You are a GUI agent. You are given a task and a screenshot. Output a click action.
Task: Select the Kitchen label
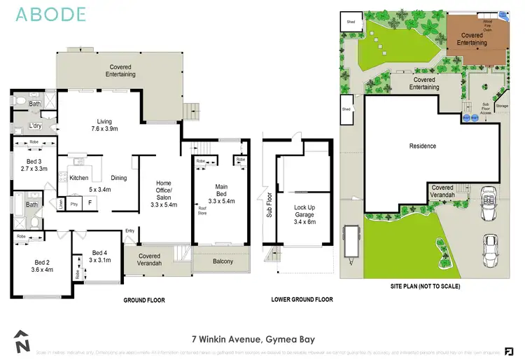pos(78,178)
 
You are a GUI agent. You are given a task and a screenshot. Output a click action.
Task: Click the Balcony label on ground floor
pos(223,262)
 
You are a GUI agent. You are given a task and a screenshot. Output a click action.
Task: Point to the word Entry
pos(129,230)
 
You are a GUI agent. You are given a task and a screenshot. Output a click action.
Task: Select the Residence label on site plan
pos(422,146)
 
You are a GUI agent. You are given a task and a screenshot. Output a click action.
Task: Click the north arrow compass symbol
pos(22,342)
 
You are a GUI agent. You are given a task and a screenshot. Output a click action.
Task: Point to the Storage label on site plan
pos(501,106)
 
